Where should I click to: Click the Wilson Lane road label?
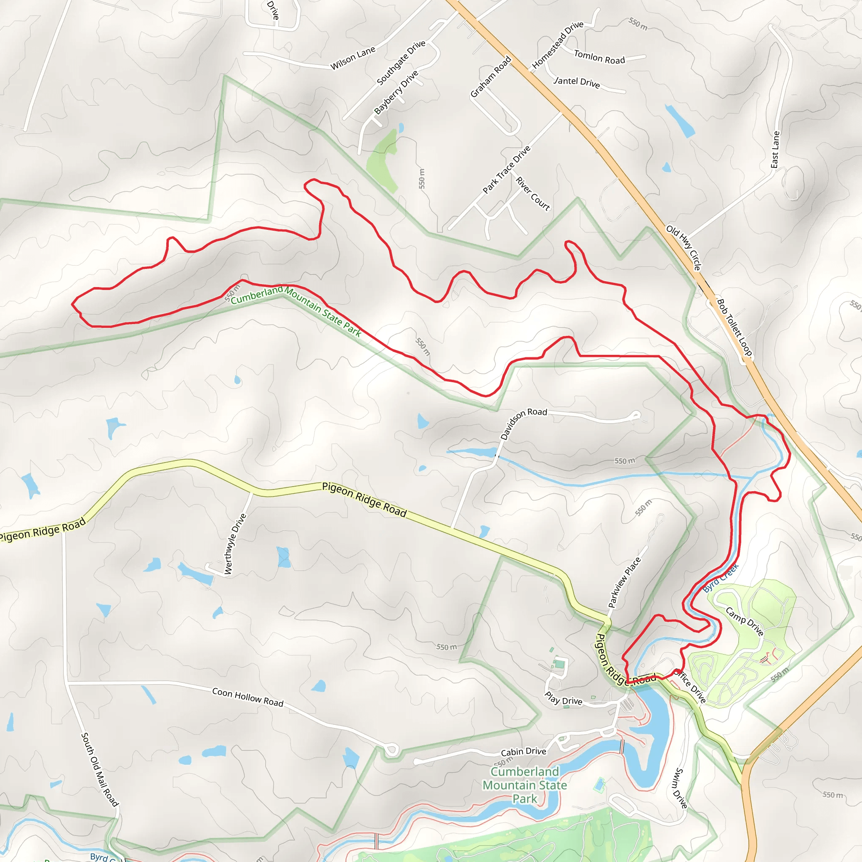(352, 59)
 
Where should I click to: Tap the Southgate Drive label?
(401, 63)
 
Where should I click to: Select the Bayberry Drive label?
(396, 92)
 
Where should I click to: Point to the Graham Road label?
(490, 77)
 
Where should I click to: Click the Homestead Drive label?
(557, 45)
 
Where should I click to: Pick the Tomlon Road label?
(599, 57)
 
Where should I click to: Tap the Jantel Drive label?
(577, 82)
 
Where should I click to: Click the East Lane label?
(775, 149)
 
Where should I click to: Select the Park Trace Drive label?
(506, 170)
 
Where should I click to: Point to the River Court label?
(533, 194)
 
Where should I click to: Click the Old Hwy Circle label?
(684, 247)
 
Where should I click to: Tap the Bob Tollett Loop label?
(734, 327)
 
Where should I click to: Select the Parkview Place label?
(624, 582)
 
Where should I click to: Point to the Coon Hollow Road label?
(247, 697)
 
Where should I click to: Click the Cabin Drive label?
(523, 752)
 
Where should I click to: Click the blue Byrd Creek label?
(721, 578)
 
